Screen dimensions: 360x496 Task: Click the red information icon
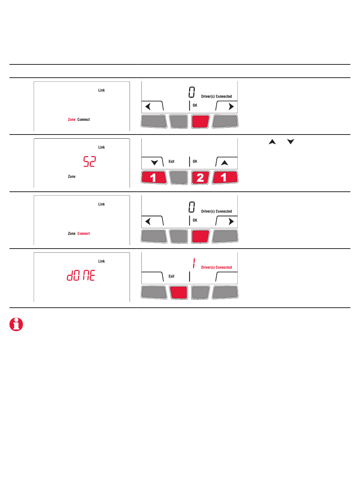[x=16, y=324]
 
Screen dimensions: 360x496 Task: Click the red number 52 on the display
[x=89, y=161]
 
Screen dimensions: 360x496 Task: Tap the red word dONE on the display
[x=81, y=275]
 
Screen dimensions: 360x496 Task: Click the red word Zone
[x=72, y=120]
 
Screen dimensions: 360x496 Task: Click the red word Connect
[x=83, y=233]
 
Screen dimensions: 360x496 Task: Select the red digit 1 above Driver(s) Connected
[x=194, y=263]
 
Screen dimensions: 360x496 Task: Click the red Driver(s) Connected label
[x=216, y=267]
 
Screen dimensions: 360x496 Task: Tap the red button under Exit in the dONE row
[x=178, y=293]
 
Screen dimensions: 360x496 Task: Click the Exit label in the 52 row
[x=171, y=161]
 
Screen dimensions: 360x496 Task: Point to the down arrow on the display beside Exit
[x=154, y=163]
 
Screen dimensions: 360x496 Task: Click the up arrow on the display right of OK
[x=224, y=163]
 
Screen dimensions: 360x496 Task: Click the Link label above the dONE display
[x=102, y=261]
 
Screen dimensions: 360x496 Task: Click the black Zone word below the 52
[x=72, y=177]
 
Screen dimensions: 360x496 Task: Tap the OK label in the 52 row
[x=195, y=161]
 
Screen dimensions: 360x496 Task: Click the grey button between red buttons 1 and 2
[x=178, y=177]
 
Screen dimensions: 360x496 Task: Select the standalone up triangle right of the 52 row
[x=272, y=142]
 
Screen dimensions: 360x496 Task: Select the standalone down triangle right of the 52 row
[x=291, y=141]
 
